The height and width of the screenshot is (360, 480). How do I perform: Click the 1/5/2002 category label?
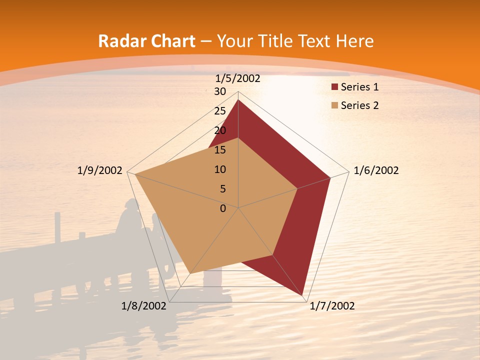pyautogui.click(x=238, y=78)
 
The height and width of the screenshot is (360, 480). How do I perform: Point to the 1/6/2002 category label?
pyautogui.click(x=376, y=170)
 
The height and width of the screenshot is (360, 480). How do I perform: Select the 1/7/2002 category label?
pyautogui.click(x=332, y=306)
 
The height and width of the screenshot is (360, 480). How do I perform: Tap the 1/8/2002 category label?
pyautogui.click(x=143, y=306)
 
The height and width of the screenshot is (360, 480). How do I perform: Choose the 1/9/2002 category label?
pyautogui.click(x=100, y=170)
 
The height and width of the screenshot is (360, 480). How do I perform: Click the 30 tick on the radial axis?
pyautogui.click(x=220, y=91)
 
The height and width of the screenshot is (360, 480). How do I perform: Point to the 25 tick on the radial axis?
pyautogui.click(x=220, y=111)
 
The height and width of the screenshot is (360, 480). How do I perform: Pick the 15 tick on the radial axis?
pyautogui.click(x=220, y=150)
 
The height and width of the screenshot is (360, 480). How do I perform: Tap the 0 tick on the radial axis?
pyautogui.click(x=223, y=208)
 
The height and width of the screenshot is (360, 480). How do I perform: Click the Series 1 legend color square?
pyautogui.click(x=335, y=87)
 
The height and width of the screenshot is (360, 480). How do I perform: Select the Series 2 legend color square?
pyautogui.click(x=335, y=105)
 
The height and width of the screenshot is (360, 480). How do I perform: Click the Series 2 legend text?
pyautogui.click(x=359, y=105)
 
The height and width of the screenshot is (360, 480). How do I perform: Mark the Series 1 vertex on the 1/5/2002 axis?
pyautogui.click(x=238, y=99)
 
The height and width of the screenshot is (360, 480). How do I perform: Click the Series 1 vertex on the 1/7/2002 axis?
pyautogui.click(x=303, y=296)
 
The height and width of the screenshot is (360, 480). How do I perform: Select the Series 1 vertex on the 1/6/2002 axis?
pyautogui.click(x=330, y=177)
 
